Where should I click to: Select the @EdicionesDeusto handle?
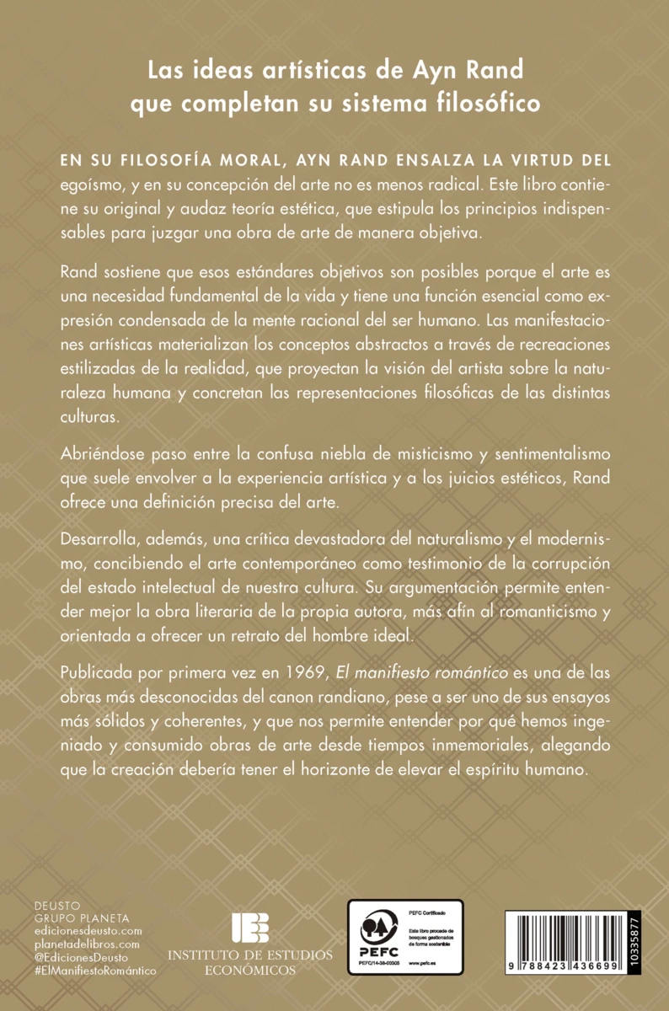tap(83, 957)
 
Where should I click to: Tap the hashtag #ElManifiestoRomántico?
tap(95, 971)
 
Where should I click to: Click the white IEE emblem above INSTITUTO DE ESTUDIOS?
tap(250, 927)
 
